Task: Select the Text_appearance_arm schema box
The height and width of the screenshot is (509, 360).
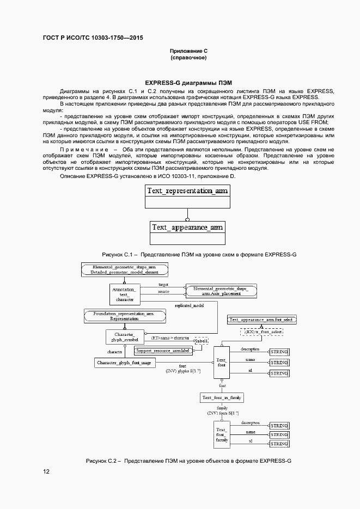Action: (187, 227)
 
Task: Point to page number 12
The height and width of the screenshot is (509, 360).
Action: (46, 471)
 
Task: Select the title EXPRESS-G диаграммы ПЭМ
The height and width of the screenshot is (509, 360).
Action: (188, 82)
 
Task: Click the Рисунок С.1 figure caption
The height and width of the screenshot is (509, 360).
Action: (199, 255)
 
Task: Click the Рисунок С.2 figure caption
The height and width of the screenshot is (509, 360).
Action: (188, 461)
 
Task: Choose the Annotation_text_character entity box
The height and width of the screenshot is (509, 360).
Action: (125, 294)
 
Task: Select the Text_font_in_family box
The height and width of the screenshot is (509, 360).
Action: (222, 398)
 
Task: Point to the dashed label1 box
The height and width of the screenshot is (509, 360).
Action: (202, 341)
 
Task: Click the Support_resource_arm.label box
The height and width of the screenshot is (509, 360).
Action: (162, 351)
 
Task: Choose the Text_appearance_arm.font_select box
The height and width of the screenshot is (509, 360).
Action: (261, 320)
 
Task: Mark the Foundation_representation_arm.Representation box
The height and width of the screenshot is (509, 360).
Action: (124, 315)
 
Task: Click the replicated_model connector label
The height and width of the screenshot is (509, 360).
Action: (189, 306)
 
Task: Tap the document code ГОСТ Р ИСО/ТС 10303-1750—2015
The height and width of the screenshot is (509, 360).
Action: (93, 38)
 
